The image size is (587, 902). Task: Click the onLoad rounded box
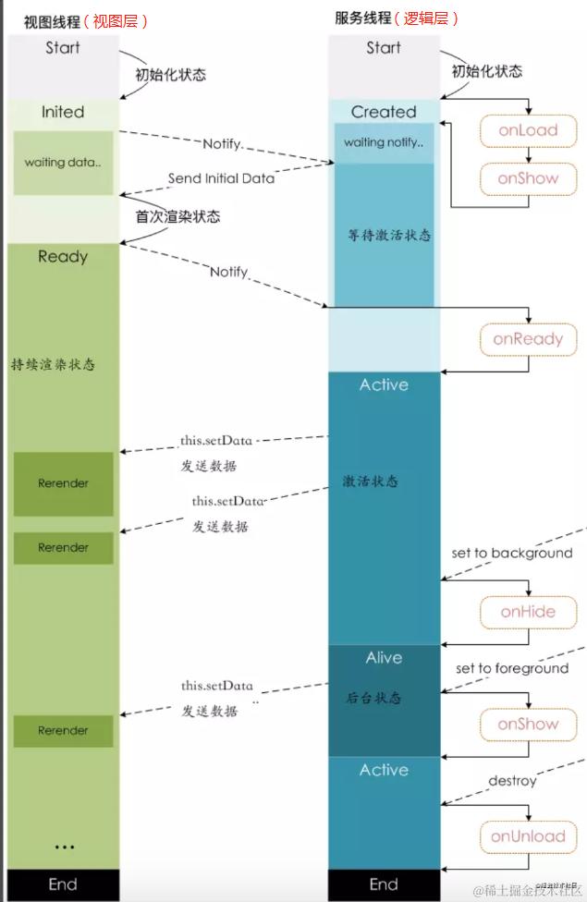click(528, 130)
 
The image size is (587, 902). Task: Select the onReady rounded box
click(528, 339)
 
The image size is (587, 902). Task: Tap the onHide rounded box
click(528, 612)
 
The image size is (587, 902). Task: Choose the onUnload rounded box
click(528, 836)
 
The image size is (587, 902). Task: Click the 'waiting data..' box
click(63, 163)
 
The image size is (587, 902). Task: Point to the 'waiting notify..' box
click(384, 142)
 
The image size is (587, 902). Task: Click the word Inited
click(63, 112)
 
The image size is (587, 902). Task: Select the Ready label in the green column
click(63, 256)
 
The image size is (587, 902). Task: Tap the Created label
click(384, 112)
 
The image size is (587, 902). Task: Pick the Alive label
click(384, 657)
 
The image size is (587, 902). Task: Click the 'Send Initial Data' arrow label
click(221, 177)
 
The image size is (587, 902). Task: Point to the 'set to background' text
click(511, 553)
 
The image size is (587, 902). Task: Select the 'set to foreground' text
click(511, 668)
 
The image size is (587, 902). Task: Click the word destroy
click(512, 781)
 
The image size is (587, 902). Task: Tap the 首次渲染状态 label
click(178, 216)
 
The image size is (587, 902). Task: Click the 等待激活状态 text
click(384, 235)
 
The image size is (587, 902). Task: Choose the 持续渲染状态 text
click(53, 364)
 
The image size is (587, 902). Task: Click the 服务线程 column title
click(362, 18)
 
